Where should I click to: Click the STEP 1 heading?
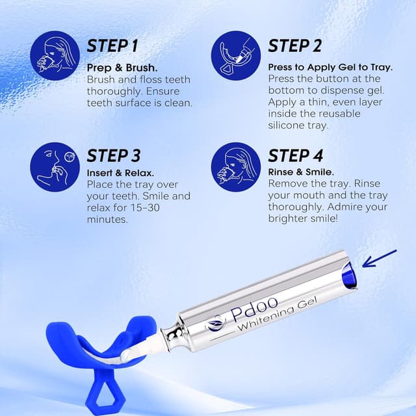point(112,46)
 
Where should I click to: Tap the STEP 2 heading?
point(294,46)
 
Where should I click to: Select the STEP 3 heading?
point(113,156)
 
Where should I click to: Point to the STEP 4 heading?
point(295,156)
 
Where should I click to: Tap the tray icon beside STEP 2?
point(236,57)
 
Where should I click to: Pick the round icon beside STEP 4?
point(236,167)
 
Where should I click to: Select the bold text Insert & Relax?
point(120,173)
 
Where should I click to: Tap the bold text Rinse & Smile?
point(301,173)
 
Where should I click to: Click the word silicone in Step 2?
point(287,125)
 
